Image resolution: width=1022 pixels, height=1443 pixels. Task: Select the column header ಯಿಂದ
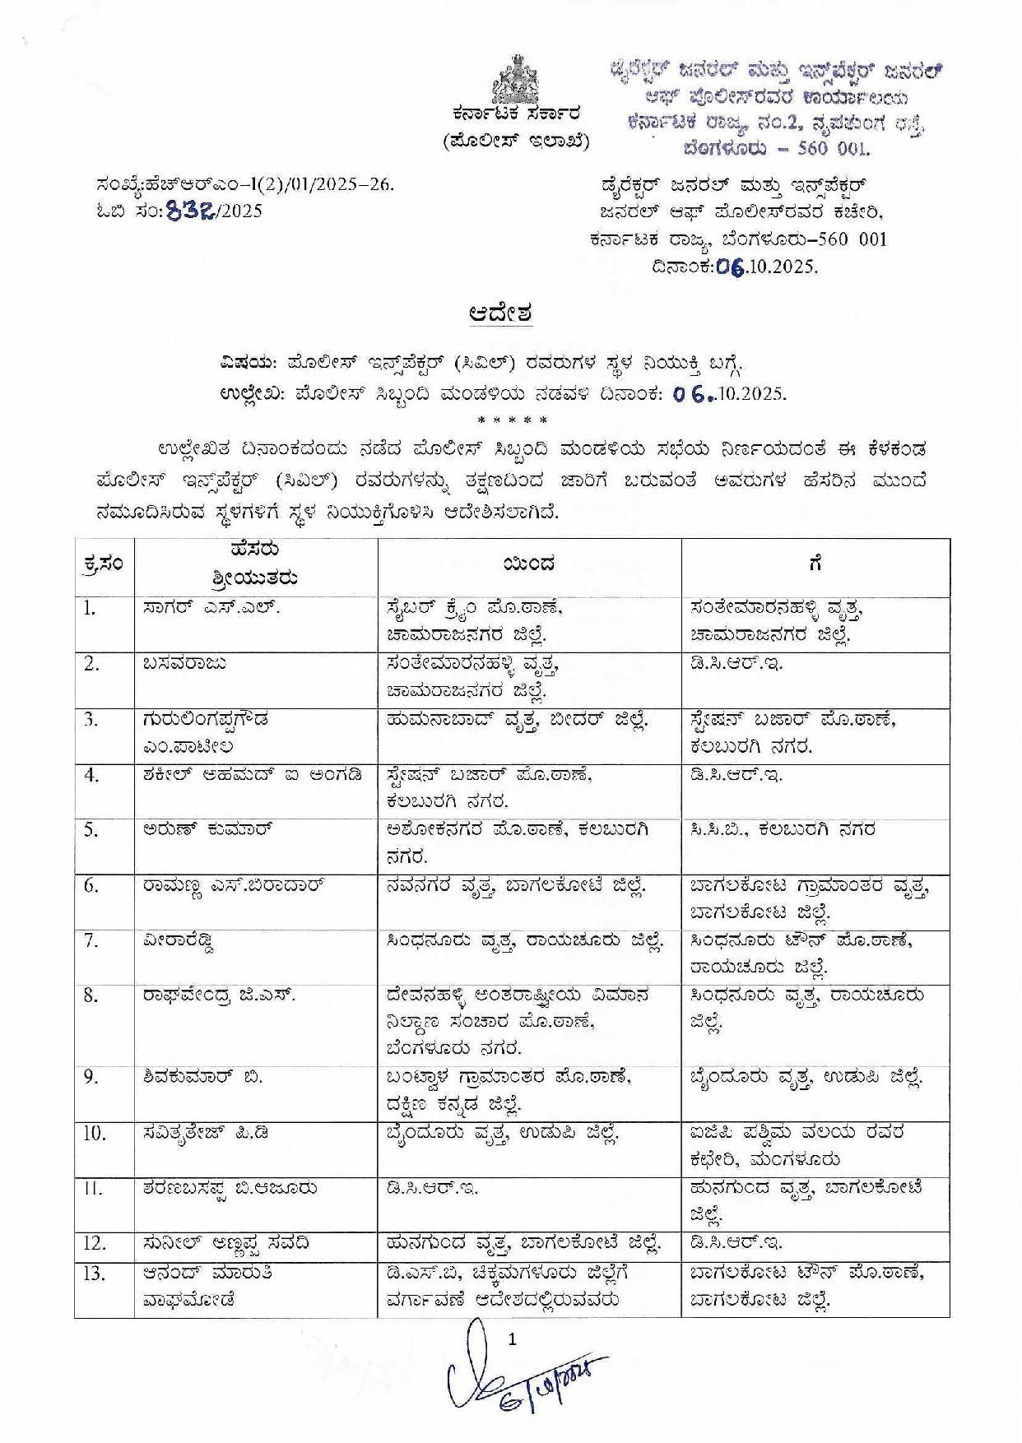pyautogui.click(x=529, y=564)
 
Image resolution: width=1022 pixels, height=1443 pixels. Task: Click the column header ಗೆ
pyautogui.click(x=815, y=564)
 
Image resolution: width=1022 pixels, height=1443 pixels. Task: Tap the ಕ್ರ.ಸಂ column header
pyautogui.click(x=105, y=564)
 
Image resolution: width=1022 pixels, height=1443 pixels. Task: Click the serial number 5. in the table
pyautogui.click(x=91, y=830)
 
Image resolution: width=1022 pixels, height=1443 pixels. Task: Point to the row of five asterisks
pyautogui.click(x=512, y=422)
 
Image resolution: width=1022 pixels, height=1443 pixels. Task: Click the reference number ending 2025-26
pyautogui.click(x=245, y=185)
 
